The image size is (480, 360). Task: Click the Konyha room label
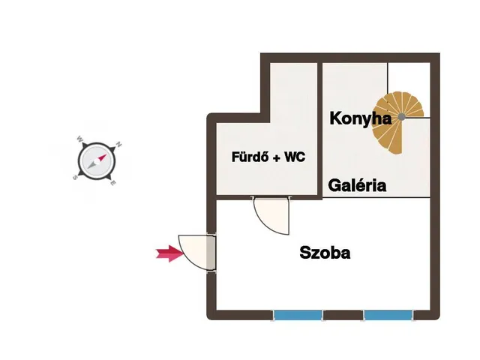[360, 118]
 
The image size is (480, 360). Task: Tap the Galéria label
[357, 185]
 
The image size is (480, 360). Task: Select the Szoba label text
[325, 253]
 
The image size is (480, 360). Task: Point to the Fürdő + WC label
[268, 157]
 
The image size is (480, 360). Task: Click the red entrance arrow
[170, 253]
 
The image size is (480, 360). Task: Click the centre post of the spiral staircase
[402, 117]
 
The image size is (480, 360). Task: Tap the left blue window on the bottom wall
[298, 315]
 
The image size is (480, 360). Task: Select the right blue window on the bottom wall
[388, 315]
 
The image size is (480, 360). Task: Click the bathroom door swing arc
[265, 224]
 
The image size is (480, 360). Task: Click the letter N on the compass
[118, 145]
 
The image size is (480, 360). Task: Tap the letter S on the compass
[75, 177]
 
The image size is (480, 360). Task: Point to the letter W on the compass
[79, 139]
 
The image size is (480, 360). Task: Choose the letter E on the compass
[113, 183]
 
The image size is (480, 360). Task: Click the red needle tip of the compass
[106, 154]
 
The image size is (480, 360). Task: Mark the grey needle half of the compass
[91, 165]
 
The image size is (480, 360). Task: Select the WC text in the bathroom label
[295, 157]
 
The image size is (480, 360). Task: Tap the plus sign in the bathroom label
[277, 158]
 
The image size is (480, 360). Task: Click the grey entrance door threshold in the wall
[211, 253]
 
